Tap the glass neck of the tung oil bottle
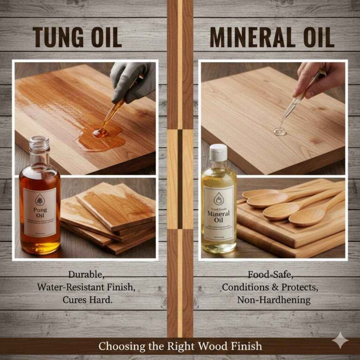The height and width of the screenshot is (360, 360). pos(39,150)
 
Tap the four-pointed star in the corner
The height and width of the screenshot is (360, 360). pos(339,341)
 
